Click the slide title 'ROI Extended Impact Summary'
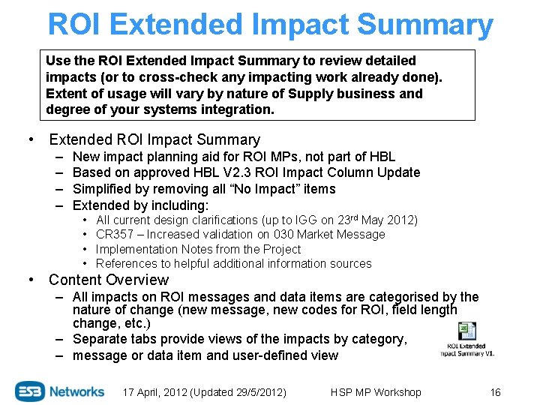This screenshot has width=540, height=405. pyautogui.click(x=270, y=24)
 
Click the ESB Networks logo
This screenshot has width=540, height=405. pyautogui.click(x=60, y=391)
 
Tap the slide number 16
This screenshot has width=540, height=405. pyautogui.click(x=494, y=392)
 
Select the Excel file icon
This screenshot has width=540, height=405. pyautogui.click(x=467, y=332)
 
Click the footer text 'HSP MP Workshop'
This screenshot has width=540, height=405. pyautogui.click(x=376, y=392)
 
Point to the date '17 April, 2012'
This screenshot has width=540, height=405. pyautogui.click(x=157, y=392)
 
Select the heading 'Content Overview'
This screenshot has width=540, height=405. pyautogui.click(x=109, y=280)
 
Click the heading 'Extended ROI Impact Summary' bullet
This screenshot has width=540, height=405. pyautogui.click(x=154, y=139)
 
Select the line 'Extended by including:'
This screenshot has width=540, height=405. pyautogui.click(x=140, y=205)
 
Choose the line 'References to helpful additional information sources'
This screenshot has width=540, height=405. pyautogui.click(x=233, y=263)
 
